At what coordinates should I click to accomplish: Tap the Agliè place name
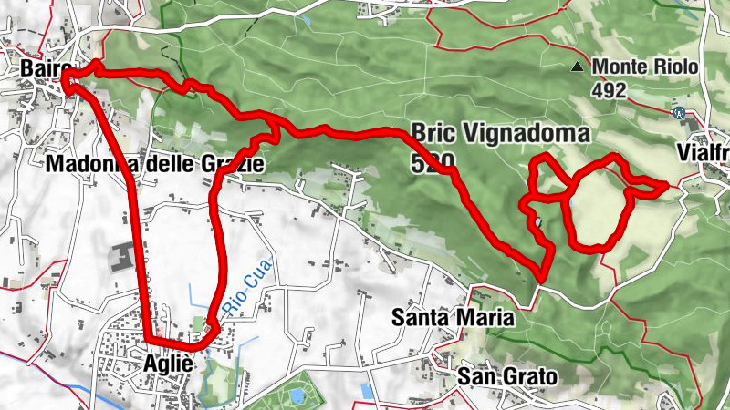pyautogui.click(x=168, y=364)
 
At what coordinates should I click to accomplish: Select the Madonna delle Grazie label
pyautogui.click(x=154, y=164)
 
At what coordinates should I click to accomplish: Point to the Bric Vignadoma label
pyautogui.click(x=501, y=133)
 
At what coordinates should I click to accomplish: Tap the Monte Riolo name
pyautogui.click(x=645, y=67)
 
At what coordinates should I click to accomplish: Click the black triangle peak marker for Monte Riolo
pyautogui.click(x=577, y=67)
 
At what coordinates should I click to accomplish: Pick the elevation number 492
pyautogui.click(x=608, y=90)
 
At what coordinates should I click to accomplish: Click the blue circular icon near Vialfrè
pyautogui.click(x=678, y=113)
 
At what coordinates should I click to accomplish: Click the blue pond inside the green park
pyautogui.click(x=297, y=397)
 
